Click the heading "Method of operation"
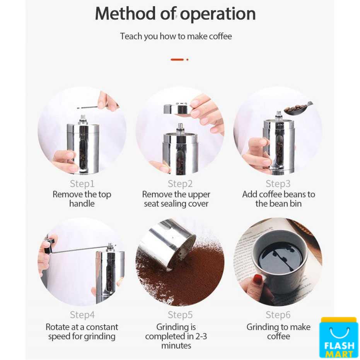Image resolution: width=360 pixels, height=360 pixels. point(175,14)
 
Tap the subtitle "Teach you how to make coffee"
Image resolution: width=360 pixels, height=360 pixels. point(176,36)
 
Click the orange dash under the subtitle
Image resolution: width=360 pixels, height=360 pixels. point(177,60)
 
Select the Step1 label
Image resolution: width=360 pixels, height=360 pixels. point(82,184)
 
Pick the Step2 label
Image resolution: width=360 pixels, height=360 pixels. point(180,184)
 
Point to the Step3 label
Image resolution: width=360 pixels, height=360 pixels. point(278,184)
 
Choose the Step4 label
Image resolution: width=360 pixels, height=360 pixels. point(82,315)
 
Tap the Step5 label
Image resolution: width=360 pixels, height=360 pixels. point(180,315)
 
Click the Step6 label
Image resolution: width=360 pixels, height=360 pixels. point(278,315)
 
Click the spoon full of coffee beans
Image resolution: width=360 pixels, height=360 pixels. point(297,108)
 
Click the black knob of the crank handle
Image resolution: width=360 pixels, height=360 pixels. point(49,246)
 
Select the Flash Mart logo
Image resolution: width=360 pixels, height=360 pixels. point(339,338)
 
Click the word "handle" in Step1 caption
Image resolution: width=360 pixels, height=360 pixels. point(82,204)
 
